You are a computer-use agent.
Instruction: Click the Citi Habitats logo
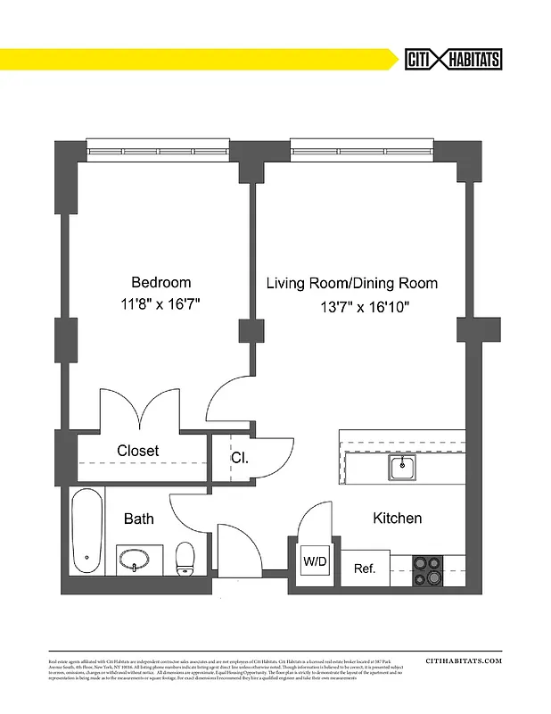[x=453, y=59]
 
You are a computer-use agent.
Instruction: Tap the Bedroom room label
[x=160, y=282]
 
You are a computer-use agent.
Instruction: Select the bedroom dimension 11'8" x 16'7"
[x=160, y=304]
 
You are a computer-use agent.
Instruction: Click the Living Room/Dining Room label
[x=352, y=284]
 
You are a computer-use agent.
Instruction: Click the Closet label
[x=138, y=451]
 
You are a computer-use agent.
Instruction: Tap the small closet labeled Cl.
[x=239, y=458]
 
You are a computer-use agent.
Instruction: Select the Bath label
[x=138, y=518]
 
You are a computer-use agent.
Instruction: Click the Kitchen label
[x=397, y=518]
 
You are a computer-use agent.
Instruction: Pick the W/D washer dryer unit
[x=315, y=562]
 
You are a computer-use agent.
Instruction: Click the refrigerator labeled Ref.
[x=365, y=568]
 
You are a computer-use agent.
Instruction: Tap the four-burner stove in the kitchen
[x=428, y=569]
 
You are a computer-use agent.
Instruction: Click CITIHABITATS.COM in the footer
[x=464, y=661]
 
